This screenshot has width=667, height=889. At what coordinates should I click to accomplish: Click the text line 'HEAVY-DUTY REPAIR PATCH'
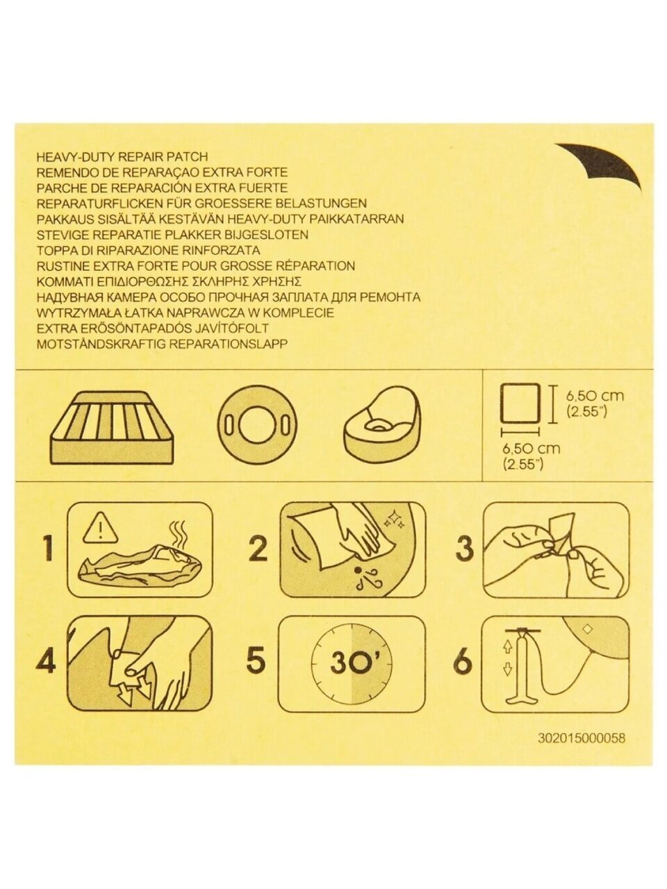pyautogui.click(x=122, y=156)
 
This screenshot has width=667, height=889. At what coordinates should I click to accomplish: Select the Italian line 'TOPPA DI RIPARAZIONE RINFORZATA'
pyautogui.click(x=148, y=250)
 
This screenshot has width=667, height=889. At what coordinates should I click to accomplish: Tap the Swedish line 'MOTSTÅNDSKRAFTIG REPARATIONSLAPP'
pyautogui.click(x=162, y=344)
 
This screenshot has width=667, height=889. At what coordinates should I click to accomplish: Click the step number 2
pyautogui.click(x=258, y=549)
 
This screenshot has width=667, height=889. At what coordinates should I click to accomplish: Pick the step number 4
pyautogui.click(x=46, y=661)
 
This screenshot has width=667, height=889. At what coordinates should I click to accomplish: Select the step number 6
pyautogui.click(x=463, y=661)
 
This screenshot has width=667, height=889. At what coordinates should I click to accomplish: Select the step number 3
pyautogui.click(x=465, y=549)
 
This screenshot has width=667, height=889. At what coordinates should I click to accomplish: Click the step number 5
pyautogui.click(x=256, y=661)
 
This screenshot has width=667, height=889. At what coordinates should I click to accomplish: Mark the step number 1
pyautogui.click(x=49, y=549)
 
